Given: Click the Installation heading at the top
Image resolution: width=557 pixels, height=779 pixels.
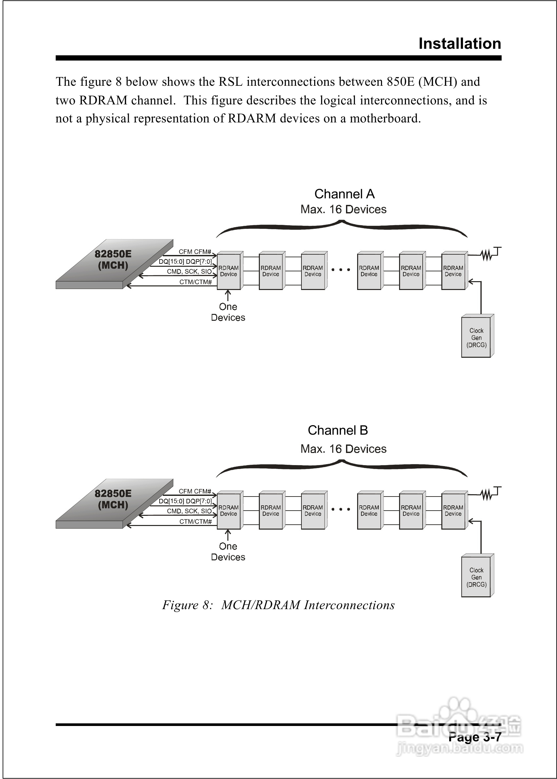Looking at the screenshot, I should click(460, 44).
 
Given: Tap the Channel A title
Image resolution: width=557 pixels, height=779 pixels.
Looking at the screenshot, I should click(344, 194).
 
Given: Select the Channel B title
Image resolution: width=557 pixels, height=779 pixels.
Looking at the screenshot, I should click(337, 430).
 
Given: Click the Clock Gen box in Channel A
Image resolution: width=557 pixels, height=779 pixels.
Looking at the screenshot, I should click(476, 338).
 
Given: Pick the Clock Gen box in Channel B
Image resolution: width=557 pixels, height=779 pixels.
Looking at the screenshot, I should click(476, 577).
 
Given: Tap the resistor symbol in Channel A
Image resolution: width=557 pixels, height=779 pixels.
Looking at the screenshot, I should click(486, 255).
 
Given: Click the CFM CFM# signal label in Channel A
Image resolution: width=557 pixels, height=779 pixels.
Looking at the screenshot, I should click(195, 251).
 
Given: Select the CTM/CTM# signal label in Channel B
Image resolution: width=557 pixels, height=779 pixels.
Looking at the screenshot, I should click(196, 521).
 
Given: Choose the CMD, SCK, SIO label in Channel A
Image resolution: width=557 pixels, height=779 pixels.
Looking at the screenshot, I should click(189, 271).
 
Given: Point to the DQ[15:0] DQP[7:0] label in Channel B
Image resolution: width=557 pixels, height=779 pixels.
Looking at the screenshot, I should click(185, 501).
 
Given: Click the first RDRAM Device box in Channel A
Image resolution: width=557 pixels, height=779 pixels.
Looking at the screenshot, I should click(229, 271).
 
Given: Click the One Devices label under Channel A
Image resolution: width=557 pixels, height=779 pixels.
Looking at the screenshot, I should click(228, 312).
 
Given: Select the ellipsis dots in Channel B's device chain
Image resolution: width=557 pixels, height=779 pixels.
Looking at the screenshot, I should click(340, 509).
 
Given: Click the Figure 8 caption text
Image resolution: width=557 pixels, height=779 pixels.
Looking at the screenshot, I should click(278, 605).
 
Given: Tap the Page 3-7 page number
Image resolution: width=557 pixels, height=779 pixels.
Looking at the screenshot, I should click(475, 737).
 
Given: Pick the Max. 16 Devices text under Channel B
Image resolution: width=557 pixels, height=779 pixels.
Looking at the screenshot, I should click(343, 449).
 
